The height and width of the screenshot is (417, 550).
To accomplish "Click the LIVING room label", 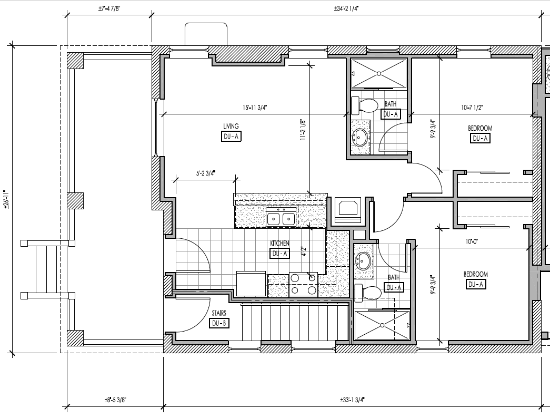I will click(x=231, y=126).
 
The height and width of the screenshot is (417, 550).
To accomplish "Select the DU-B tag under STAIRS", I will click(x=219, y=323).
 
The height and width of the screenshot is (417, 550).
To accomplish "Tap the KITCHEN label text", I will click(x=279, y=243).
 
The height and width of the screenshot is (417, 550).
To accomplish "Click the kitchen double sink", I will click(x=281, y=217).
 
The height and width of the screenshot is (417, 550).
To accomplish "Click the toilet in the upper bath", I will click(x=365, y=105).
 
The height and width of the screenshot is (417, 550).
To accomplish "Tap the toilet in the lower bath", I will click(x=368, y=292).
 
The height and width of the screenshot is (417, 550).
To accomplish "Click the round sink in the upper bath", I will click(x=360, y=138).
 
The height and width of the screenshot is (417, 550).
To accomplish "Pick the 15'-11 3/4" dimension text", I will click(x=255, y=108).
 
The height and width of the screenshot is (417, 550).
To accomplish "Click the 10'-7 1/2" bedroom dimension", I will click(x=472, y=108).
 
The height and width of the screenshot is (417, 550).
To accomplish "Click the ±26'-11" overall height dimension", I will click(x=6, y=200).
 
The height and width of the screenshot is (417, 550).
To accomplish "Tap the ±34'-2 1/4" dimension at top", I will click(x=347, y=8).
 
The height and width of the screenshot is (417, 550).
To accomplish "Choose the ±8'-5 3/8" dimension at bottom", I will click(x=115, y=400).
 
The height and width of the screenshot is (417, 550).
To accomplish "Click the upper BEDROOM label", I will click(x=479, y=128).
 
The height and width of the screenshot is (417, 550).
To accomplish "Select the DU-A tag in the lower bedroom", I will click(x=476, y=284).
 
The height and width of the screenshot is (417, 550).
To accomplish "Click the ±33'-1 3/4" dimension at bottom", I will click(x=352, y=400).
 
